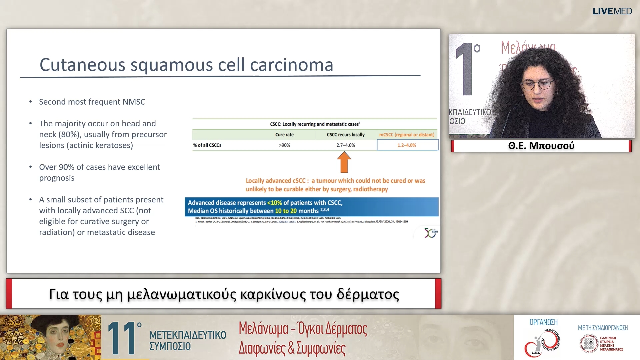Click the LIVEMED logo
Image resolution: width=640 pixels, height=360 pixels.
click(612, 11)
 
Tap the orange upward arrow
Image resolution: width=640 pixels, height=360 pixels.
click(344, 162)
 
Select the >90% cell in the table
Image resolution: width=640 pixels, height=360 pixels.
click(284, 145)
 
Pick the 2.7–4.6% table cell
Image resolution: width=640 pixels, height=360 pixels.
click(345, 145)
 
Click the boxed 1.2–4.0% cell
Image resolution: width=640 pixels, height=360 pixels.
click(407, 145)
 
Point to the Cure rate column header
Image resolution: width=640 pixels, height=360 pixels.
click(284, 135)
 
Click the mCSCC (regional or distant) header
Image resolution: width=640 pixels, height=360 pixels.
click(407, 135)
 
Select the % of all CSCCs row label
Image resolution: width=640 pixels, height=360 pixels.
click(207, 145)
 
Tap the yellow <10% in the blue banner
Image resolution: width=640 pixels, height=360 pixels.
click(274, 203)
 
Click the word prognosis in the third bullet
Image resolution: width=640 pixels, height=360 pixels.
click(57, 178)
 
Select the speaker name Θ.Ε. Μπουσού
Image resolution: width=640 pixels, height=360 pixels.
click(541, 146)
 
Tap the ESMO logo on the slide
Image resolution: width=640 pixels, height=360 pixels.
click(430, 233)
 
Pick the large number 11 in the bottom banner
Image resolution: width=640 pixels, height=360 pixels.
click(123, 338)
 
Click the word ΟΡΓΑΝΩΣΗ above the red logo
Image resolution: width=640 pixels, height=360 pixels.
click(543, 322)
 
